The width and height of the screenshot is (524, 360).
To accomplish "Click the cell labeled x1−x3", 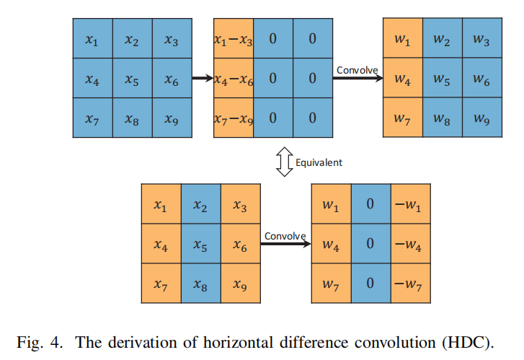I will (233, 39).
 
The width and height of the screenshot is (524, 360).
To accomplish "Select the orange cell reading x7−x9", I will (233, 117).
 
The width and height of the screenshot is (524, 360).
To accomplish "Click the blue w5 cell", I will (443, 79).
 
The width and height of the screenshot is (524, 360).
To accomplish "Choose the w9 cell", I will (481, 118).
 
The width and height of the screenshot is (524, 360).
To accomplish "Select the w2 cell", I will (443, 39).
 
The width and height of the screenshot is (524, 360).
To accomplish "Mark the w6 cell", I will (481, 79).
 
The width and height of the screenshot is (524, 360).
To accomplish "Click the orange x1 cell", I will (160, 205).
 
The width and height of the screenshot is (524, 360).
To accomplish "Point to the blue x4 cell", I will (92, 79).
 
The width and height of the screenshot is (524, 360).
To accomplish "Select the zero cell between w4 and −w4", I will (370, 245).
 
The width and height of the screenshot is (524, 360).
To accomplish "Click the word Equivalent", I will (319, 162).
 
